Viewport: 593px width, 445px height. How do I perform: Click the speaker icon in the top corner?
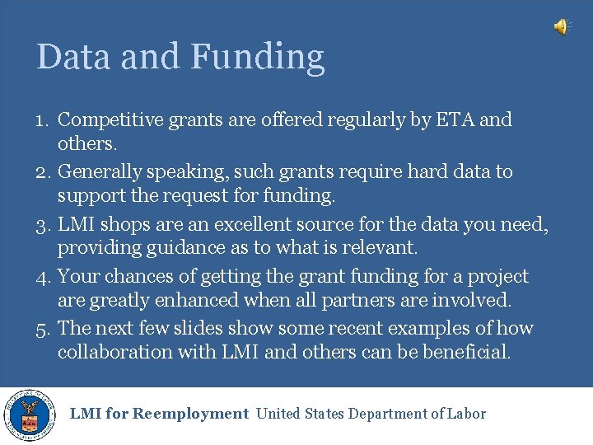(561, 27)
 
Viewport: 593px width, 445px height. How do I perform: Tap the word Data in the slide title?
(73, 56)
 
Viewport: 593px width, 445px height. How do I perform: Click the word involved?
(471, 300)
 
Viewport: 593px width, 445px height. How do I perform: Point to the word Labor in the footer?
(467, 414)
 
